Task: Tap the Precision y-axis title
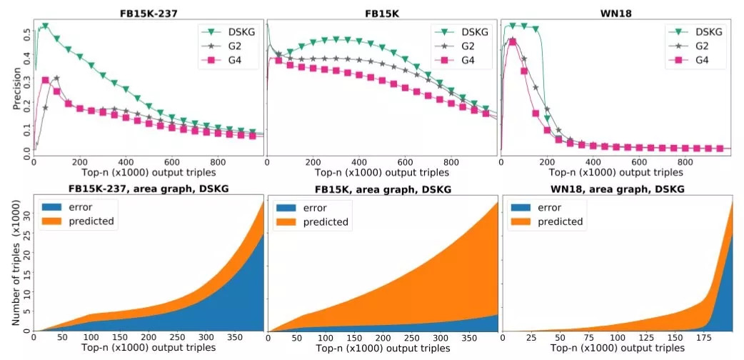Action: pyautogui.click(x=16, y=89)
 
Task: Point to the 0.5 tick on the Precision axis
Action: pyautogui.click(x=26, y=32)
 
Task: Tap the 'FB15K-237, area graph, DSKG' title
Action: pyautogui.click(x=142, y=189)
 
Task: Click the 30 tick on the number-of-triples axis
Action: pyautogui.click(x=25, y=214)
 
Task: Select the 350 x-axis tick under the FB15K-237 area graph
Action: pyautogui.click(x=239, y=337)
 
